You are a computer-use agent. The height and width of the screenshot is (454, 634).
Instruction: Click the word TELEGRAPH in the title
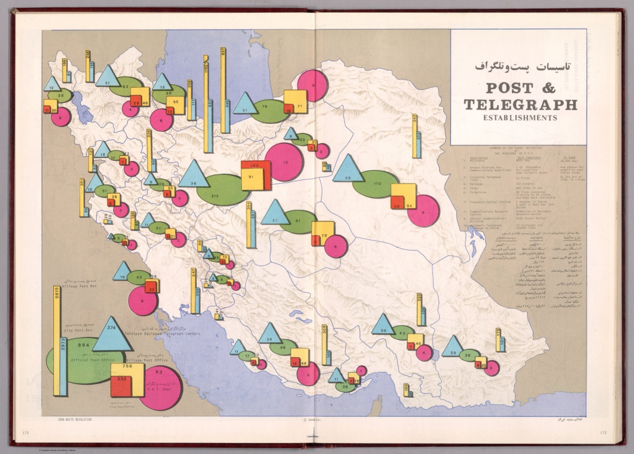click(520, 105)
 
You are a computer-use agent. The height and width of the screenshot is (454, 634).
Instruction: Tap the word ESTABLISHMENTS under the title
click(520, 118)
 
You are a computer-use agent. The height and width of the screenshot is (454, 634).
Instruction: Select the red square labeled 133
click(255, 166)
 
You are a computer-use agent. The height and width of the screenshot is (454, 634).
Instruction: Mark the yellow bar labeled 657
click(223, 91)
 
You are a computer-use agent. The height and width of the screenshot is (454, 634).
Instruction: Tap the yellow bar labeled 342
click(414, 136)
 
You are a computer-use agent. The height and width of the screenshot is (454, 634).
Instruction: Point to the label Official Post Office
click(87, 360)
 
